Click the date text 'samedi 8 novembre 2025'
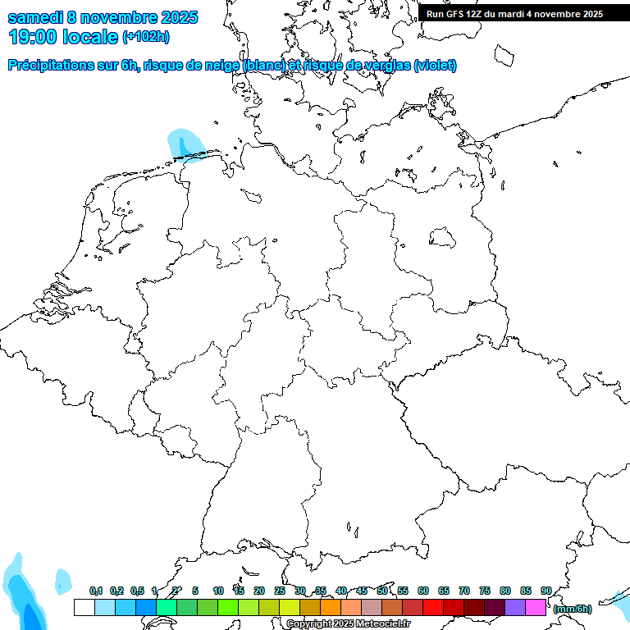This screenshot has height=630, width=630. (x=103, y=17)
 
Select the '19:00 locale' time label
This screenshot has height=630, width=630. (x=63, y=37)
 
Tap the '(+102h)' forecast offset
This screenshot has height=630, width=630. (x=146, y=37)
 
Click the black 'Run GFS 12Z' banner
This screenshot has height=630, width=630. (x=514, y=13)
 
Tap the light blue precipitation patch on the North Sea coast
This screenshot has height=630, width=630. (x=182, y=144)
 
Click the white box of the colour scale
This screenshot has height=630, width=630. (x=84, y=607)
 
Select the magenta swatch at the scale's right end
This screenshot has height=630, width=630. (x=536, y=607)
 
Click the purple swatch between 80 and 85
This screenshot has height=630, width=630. (x=515, y=607)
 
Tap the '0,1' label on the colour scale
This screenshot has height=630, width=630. (x=95, y=591)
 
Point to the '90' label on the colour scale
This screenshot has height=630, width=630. (x=546, y=591)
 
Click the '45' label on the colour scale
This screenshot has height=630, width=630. (x=362, y=591)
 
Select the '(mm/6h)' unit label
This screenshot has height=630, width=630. (x=573, y=609)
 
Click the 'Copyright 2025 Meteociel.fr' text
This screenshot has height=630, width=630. (x=349, y=623)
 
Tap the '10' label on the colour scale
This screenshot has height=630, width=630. (x=218, y=591)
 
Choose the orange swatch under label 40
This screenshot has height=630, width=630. (x=331, y=607)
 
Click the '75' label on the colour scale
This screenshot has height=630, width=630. (x=485, y=591)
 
